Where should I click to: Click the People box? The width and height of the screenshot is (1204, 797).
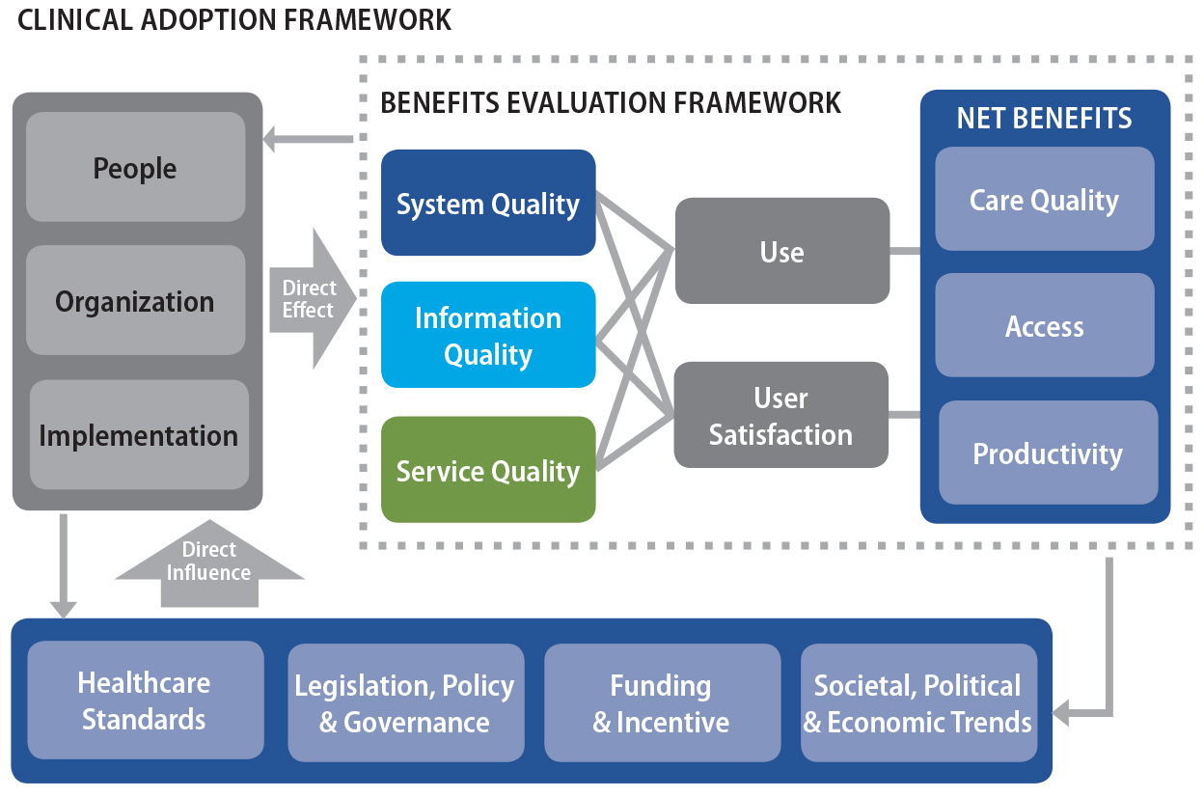(x=135, y=167)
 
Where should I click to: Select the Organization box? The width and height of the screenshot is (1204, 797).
(x=135, y=300)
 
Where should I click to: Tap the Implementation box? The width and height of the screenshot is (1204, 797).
(x=139, y=434)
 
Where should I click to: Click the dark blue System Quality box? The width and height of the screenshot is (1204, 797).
(x=488, y=203)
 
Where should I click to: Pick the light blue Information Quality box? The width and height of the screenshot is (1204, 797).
(x=488, y=335)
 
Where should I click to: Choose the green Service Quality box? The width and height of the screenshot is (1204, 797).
(x=488, y=470)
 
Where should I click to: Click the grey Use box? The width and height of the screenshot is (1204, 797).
(x=781, y=251)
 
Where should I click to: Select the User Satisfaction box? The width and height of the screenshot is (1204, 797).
(x=780, y=415)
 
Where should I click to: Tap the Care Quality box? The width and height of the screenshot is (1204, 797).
(x=1044, y=199)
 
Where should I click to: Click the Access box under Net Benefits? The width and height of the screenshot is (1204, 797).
(x=1044, y=325)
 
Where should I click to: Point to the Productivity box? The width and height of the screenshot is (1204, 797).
(x=1048, y=453)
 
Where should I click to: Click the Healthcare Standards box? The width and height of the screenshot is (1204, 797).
(x=145, y=700)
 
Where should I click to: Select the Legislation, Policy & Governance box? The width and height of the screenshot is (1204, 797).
(x=405, y=702)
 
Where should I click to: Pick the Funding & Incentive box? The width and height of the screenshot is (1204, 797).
(x=662, y=702)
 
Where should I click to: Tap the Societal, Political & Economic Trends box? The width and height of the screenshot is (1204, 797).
(x=918, y=702)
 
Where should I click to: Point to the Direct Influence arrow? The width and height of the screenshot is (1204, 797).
(x=209, y=564)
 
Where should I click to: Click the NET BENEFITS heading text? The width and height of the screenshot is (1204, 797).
(x=1044, y=118)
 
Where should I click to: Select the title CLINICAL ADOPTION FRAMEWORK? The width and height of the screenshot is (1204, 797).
(x=234, y=19)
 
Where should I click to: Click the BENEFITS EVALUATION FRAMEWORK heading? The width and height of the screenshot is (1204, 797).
(x=611, y=102)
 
